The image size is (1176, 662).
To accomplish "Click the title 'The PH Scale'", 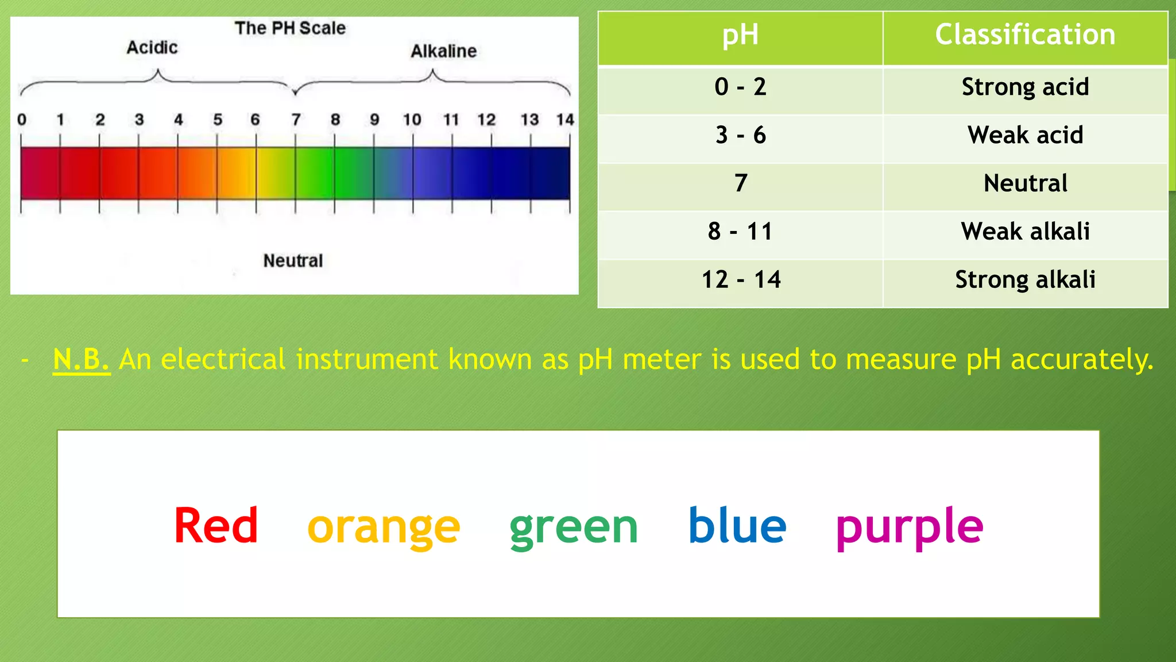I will pyautogui.click(x=290, y=28).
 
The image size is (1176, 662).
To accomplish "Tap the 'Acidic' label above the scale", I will pyautogui.click(x=152, y=48).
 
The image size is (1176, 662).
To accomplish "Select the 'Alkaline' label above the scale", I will pyautogui.click(x=443, y=51).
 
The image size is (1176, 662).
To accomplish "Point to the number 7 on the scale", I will pyautogui.click(x=296, y=120).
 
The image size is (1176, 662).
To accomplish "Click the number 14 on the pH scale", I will pyautogui.click(x=565, y=120).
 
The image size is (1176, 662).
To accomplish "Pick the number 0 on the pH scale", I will pyautogui.click(x=22, y=120).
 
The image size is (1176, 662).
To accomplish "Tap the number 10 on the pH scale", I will pyautogui.click(x=412, y=120).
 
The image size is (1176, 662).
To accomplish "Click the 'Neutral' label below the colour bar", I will pyautogui.click(x=293, y=261).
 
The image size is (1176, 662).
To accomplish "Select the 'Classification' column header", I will pyautogui.click(x=1025, y=34).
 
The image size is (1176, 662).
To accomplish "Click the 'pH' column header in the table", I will pyautogui.click(x=740, y=34).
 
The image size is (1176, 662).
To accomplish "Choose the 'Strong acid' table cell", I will pyautogui.click(x=1025, y=87).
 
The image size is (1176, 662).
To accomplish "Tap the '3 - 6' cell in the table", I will pyautogui.click(x=740, y=135).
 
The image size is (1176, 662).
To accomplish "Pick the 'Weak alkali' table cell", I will pyautogui.click(x=1025, y=232).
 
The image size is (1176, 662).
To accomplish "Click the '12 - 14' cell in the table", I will pyautogui.click(x=740, y=280).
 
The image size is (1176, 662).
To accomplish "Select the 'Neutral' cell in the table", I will pyautogui.click(x=1025, y=183).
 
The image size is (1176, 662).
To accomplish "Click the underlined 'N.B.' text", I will pyautogui.click(x=81, y=360).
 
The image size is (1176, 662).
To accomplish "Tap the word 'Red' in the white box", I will pyautogui.click(x=216, y=526).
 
